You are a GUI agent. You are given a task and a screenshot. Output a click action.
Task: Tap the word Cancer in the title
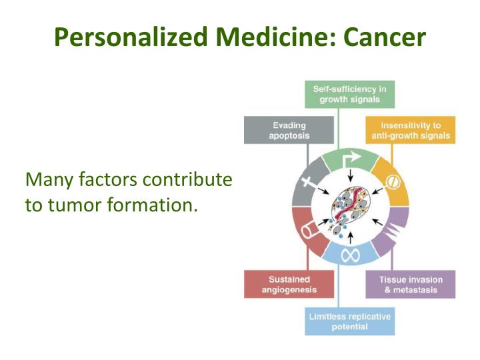[x=384, y=37]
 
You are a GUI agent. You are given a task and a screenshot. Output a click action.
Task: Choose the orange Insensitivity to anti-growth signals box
[x=411, y=130]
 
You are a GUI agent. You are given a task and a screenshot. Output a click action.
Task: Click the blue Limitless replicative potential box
[x=351, y=321]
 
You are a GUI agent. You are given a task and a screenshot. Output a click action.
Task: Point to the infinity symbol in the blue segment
[x=351, y=254]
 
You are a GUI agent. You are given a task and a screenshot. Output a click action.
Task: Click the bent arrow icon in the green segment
[x=351, y=161]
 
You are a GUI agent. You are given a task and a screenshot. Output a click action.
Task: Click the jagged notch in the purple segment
[x=395, y=231]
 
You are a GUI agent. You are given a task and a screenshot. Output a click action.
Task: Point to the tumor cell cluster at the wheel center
[x=351, y=207]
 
